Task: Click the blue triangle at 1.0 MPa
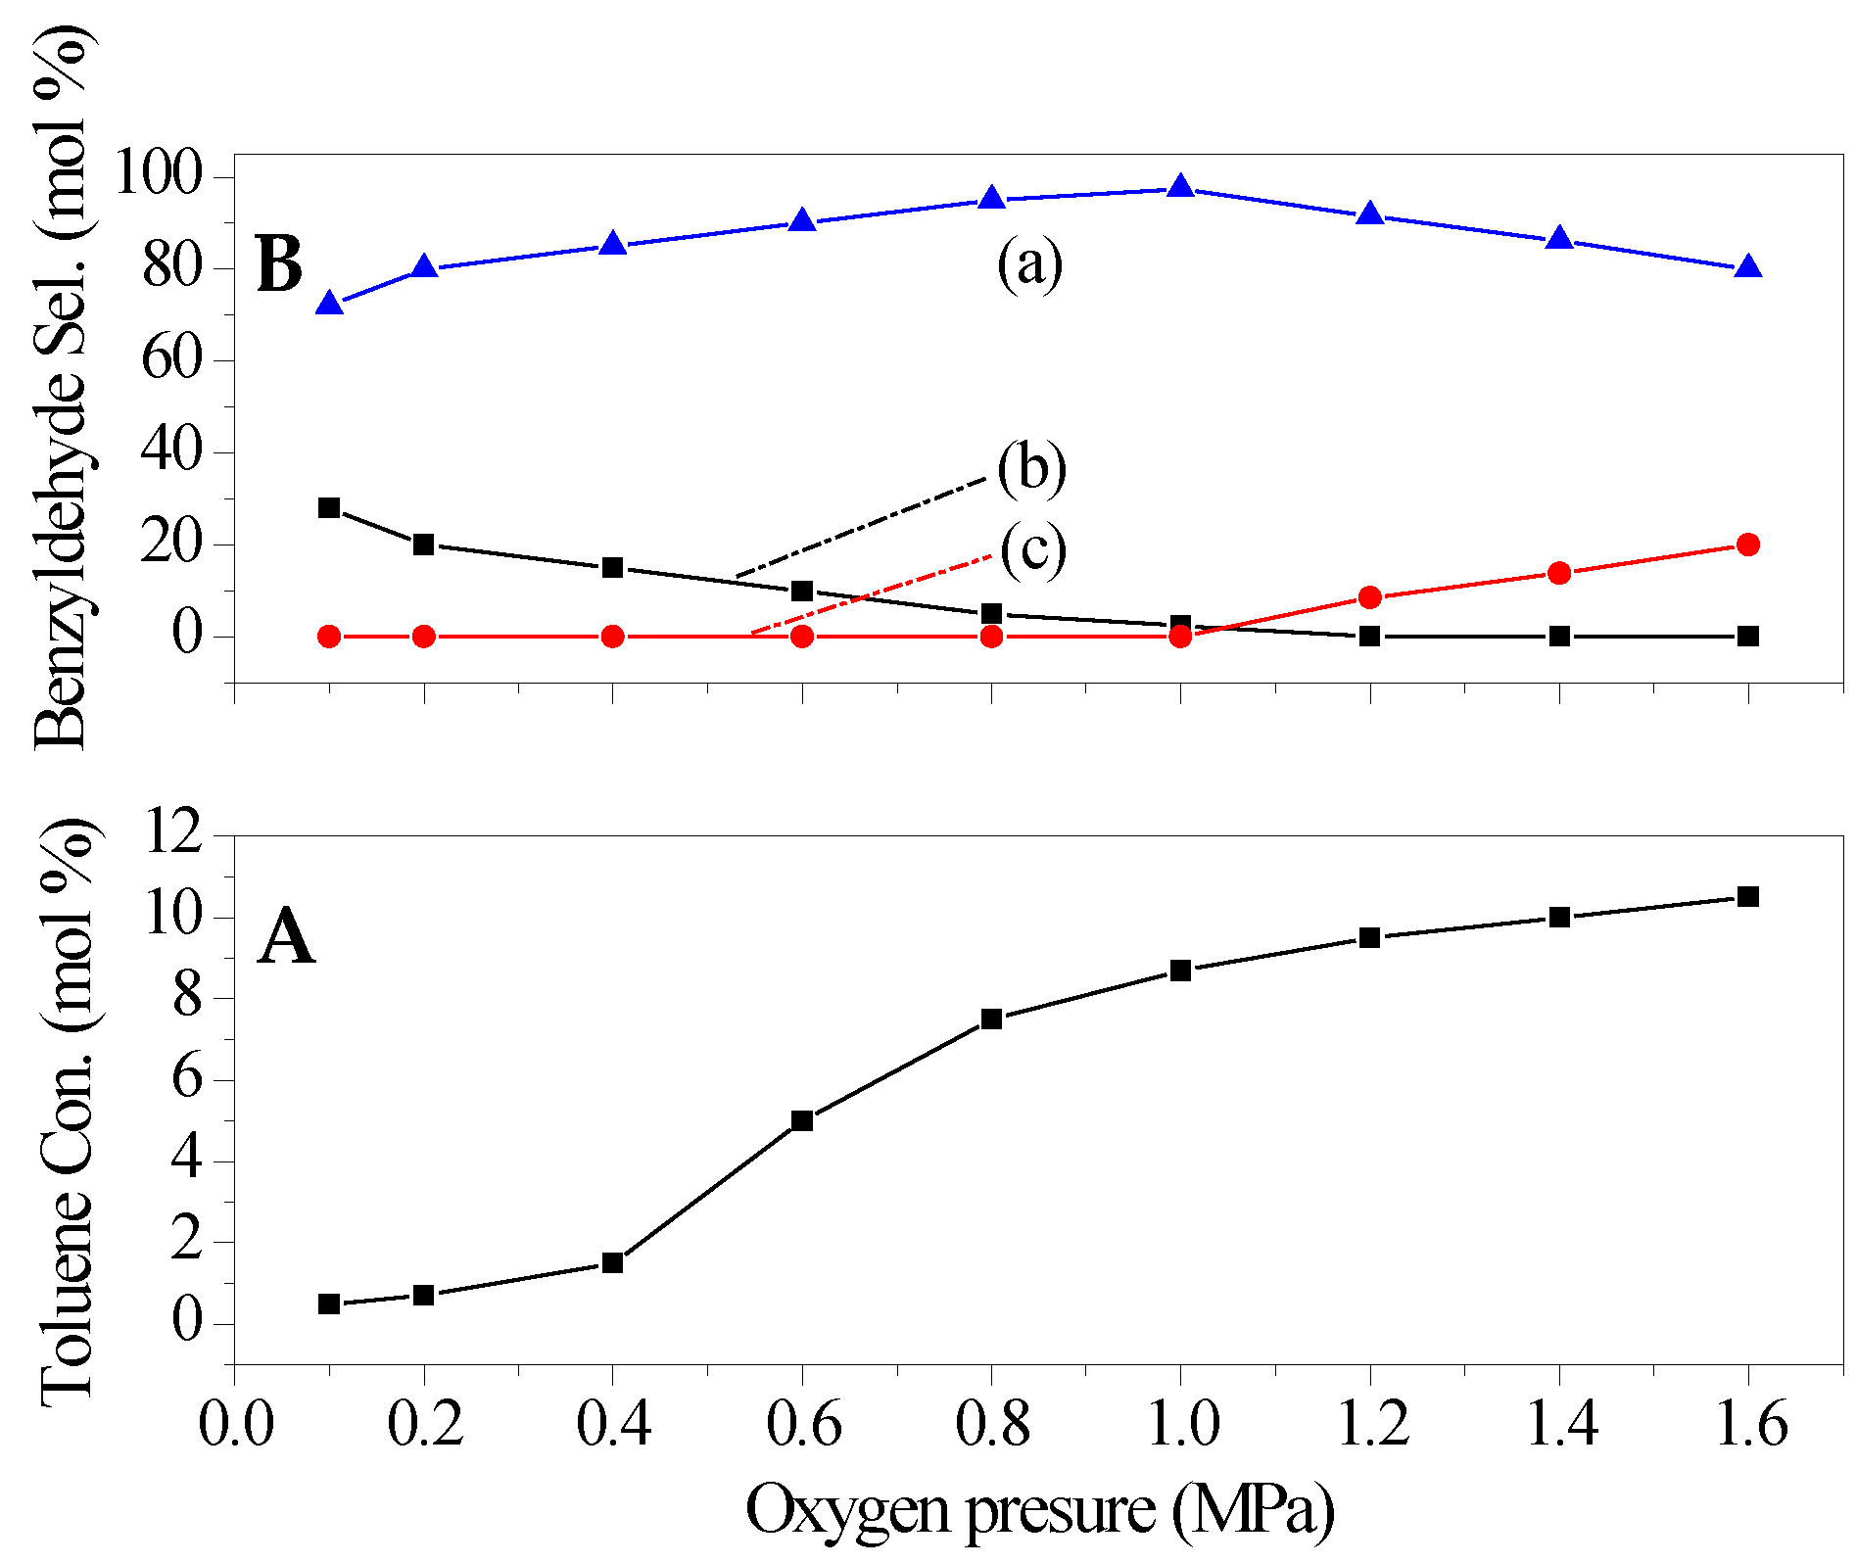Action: pyautogui.click(x=1180, y=186)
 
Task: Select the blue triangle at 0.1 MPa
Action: pyautogui.click(x=330, y=304)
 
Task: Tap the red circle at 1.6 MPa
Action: pyautogui.click(x=1747, y=545)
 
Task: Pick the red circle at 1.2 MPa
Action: pyautogui.click(x=1369, y=597)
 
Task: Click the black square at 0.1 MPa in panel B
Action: pyautogui.click(x=329, y=507)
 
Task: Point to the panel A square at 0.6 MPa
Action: pyautogui.click(x=802, y=1120)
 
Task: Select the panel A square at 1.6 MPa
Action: pyautogui.click(x=1747, y=896)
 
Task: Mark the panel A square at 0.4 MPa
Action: pyautogui.click(x=612, y=1262)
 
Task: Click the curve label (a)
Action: pyautogui.click(x=1029, y=263)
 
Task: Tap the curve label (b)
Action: pyautogui.click(x=1031, y=467)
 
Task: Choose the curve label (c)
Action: pyautogui.click(x=1032, y=549)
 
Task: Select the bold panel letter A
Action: pyautogui.click(x=286, y=936)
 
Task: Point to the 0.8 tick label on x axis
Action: pyautogui.click(x=991, y=1423)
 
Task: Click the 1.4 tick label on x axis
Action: pyautogui.click(x=1559, y=1423)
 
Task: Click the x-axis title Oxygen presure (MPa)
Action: pyautogui.click(x=1040, y=1509)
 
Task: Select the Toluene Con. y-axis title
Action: pyautogui.click(x=67, y=1107)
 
